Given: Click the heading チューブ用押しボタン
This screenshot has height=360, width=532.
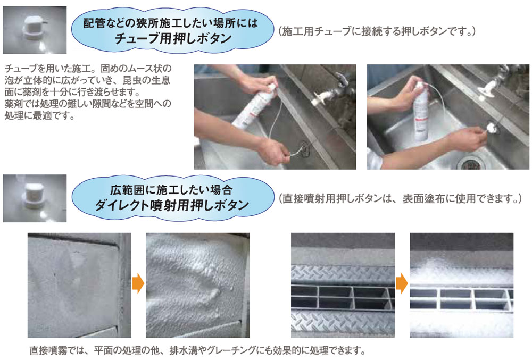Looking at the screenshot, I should pos(173,38).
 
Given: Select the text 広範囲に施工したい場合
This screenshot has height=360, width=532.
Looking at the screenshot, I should pos(174,189).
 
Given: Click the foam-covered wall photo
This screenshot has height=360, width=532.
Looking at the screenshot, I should pos(197,285).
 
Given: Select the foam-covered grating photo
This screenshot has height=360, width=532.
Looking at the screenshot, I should pos(461,285).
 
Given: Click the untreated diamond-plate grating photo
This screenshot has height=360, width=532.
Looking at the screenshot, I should pos(343,285).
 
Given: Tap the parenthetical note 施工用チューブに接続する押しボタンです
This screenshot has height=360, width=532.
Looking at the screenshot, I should pos(376,31).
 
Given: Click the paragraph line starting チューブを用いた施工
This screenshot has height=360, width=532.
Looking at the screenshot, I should pos(88,70).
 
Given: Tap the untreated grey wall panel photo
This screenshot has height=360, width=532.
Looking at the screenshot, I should pos(79,285).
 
